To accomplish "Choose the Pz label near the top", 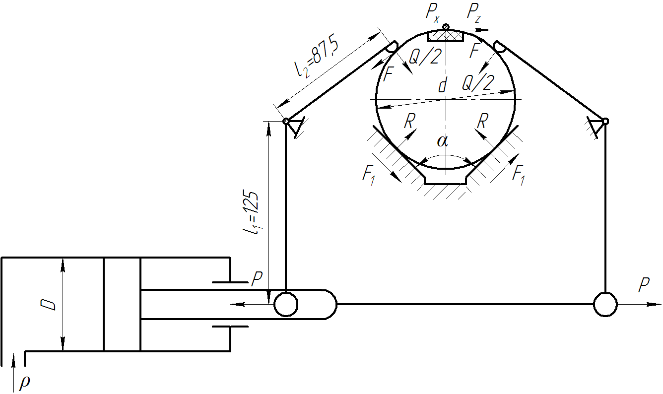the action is point(473,13).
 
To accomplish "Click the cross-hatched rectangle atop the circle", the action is point(446,36).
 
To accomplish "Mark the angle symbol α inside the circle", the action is point(443,141).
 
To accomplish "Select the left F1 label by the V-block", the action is point(369,175).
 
